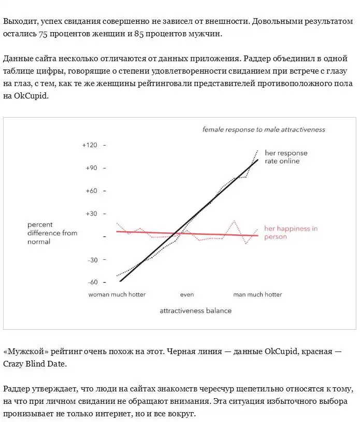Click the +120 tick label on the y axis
[90, 145]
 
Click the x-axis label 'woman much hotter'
[117, 294]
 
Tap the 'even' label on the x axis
[187, 294]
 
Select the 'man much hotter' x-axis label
[257, 294]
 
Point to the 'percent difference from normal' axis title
[52, 233]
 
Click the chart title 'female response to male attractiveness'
[264, 129]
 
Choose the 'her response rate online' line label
[286, 157]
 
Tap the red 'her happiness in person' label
[291, 232]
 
